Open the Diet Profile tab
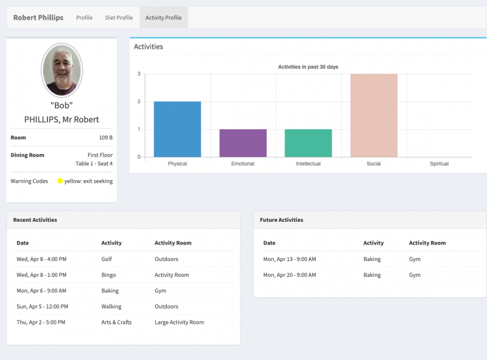click(x=119, y=18)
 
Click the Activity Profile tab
click(x=164, y=18)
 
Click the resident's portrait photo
click(x=62, y=70)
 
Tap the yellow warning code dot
click(x=60, y=181)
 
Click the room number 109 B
click(x=105, y=138)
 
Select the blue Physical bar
click(x=177, y=129)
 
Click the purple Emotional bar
click(x=243, y=143)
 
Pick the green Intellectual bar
click(x=308, y=143)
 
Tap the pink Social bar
click(x=373, y=115)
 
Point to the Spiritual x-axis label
click(x=439, y=164)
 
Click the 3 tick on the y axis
click(x=139, y=74)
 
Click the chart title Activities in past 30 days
click(x=308, y=67)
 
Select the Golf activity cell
click(x=107, y=259)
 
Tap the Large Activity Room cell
click(x=179, y=323)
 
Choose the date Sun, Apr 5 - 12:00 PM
click(x=42, y=307)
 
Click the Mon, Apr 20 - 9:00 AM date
click(x=289, y=275)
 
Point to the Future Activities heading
click(x=282, y=220)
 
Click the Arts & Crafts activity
click(x=117, y=323)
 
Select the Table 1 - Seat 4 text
click(x=94, y=164)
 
